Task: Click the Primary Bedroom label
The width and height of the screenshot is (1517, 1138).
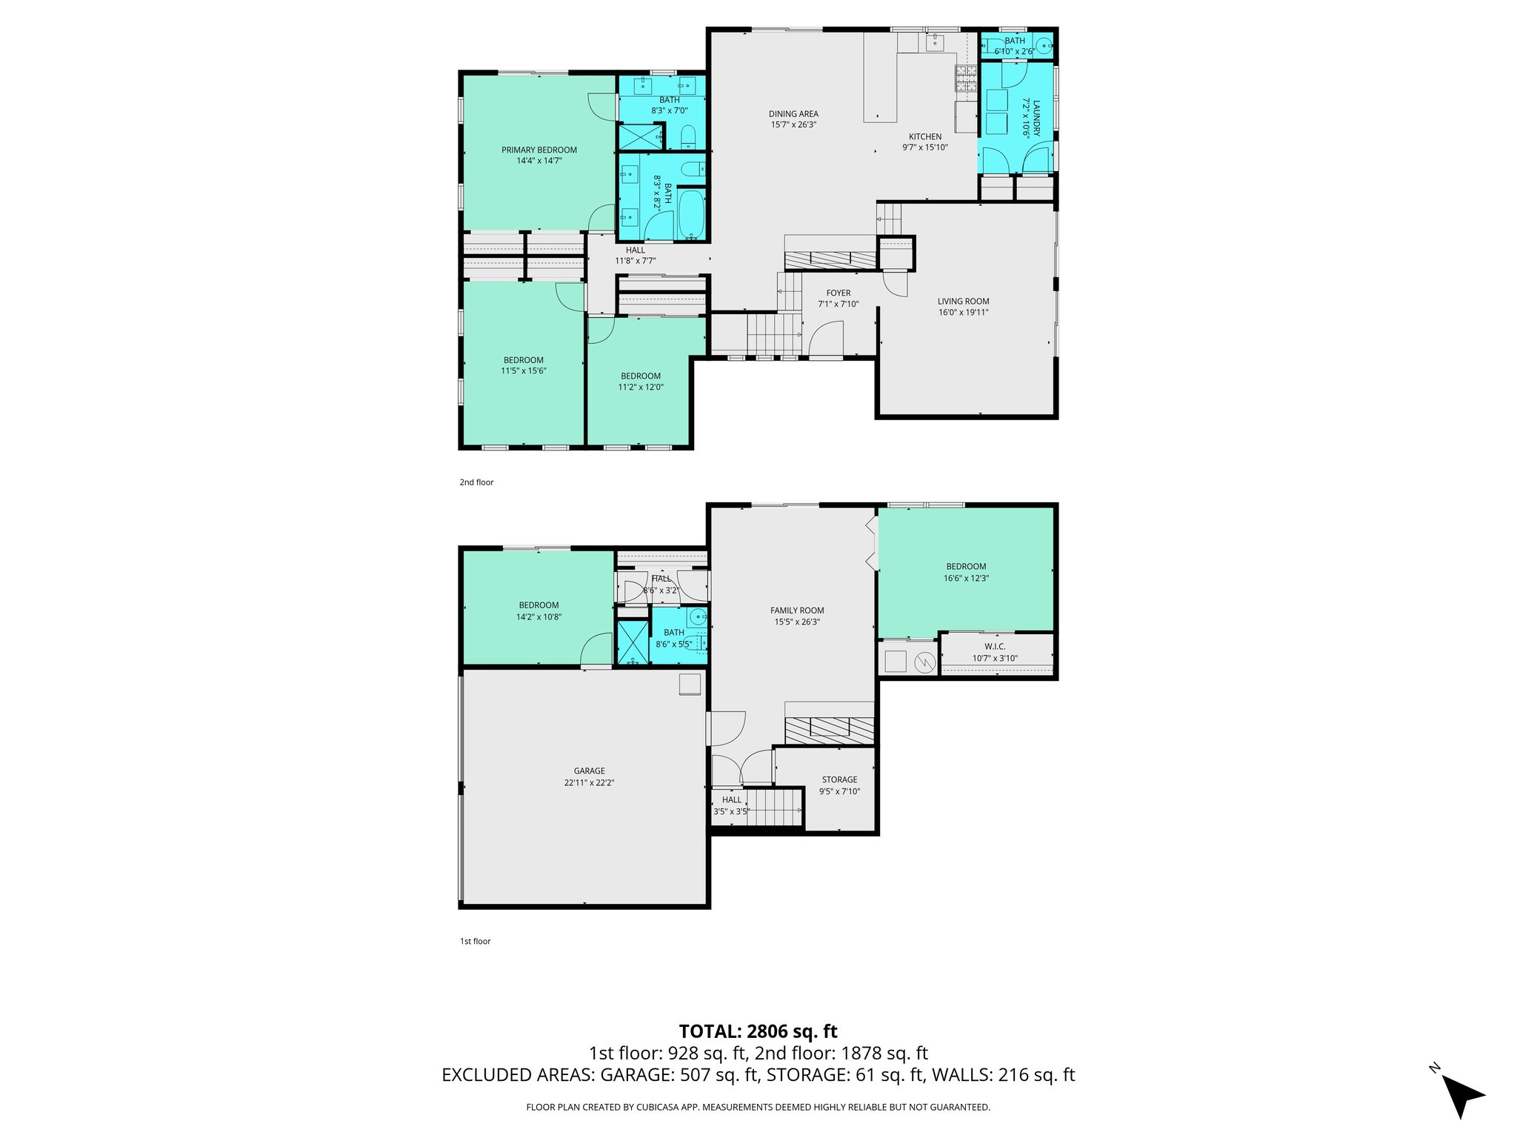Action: (x=539, y=150)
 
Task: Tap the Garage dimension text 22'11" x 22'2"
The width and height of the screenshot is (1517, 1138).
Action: (x=589, y=782)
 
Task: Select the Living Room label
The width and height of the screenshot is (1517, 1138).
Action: (x=963, y=302)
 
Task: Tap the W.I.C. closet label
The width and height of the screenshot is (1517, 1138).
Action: (x=995, y=647)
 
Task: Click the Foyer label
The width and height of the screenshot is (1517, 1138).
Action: (x=838, y=293)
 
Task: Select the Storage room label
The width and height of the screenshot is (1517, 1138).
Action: (x=839, y=779)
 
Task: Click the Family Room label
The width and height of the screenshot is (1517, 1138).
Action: (x=797, y=610)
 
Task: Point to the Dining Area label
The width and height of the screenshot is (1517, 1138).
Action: (x=793, y=114)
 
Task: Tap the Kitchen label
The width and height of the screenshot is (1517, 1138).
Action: (x=925, y=136)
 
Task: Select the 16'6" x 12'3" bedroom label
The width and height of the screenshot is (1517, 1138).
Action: (x=966, y=567)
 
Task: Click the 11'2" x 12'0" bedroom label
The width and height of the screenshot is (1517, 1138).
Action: (x=641, y=376)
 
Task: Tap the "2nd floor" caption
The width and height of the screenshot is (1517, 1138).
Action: (x=476, y=482)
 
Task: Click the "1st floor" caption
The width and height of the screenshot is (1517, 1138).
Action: (x=476, y=942)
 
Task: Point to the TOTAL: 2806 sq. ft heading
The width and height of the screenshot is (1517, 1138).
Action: (x=758, y=1031)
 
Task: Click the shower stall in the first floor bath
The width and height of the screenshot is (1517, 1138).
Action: (x=633, y=642)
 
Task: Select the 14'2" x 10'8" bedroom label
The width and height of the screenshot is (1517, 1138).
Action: (x=539, y=605)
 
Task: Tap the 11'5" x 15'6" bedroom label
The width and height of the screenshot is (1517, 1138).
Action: (x=523, y=361)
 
